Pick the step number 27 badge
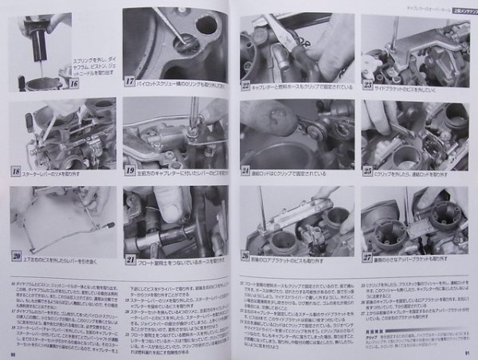[x=367, y=256]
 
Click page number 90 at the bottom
[x=14, y=354]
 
